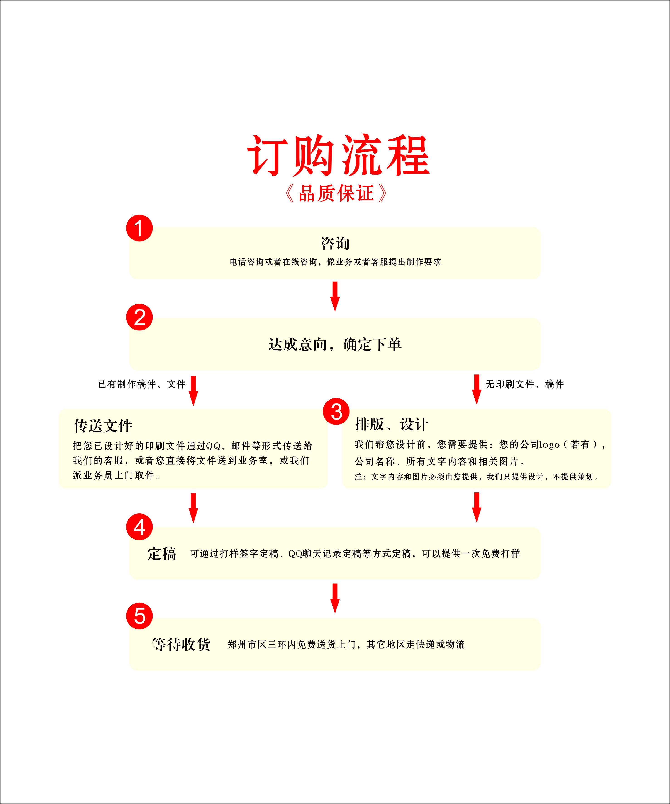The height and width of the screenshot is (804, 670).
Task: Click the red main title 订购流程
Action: pos(339,155)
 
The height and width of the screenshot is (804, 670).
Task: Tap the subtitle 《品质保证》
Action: pos(336,193)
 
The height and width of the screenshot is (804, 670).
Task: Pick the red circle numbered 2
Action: pos(139,317)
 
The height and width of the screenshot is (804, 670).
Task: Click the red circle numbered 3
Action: pos(336,412)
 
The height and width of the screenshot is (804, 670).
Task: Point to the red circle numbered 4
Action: pos(139,527)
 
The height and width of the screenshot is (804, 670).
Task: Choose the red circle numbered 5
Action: pos(139,616)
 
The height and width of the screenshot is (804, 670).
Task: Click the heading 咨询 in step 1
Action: pos(335,243)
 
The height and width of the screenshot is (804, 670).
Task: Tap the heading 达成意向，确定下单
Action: pos(335,344)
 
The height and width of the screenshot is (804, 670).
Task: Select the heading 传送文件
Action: pos(103,425)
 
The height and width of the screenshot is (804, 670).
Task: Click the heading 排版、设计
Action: pos(391,424)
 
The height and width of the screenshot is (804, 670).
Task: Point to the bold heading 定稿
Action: pos(162,553)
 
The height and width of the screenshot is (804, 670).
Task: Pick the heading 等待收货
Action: pos(181,644)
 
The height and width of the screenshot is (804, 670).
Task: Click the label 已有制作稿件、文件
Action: pos(142,384)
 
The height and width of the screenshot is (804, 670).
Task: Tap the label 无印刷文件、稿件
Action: pos(524,384)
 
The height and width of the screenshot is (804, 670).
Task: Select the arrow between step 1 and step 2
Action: pos(335,296)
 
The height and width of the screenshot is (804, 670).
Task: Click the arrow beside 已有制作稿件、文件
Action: pos(193,391)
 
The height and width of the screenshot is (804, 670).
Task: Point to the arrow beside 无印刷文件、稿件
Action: pos(476,389)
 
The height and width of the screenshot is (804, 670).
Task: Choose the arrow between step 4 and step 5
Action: pos(335,598)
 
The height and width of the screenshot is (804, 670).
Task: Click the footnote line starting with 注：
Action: pos(477,477)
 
